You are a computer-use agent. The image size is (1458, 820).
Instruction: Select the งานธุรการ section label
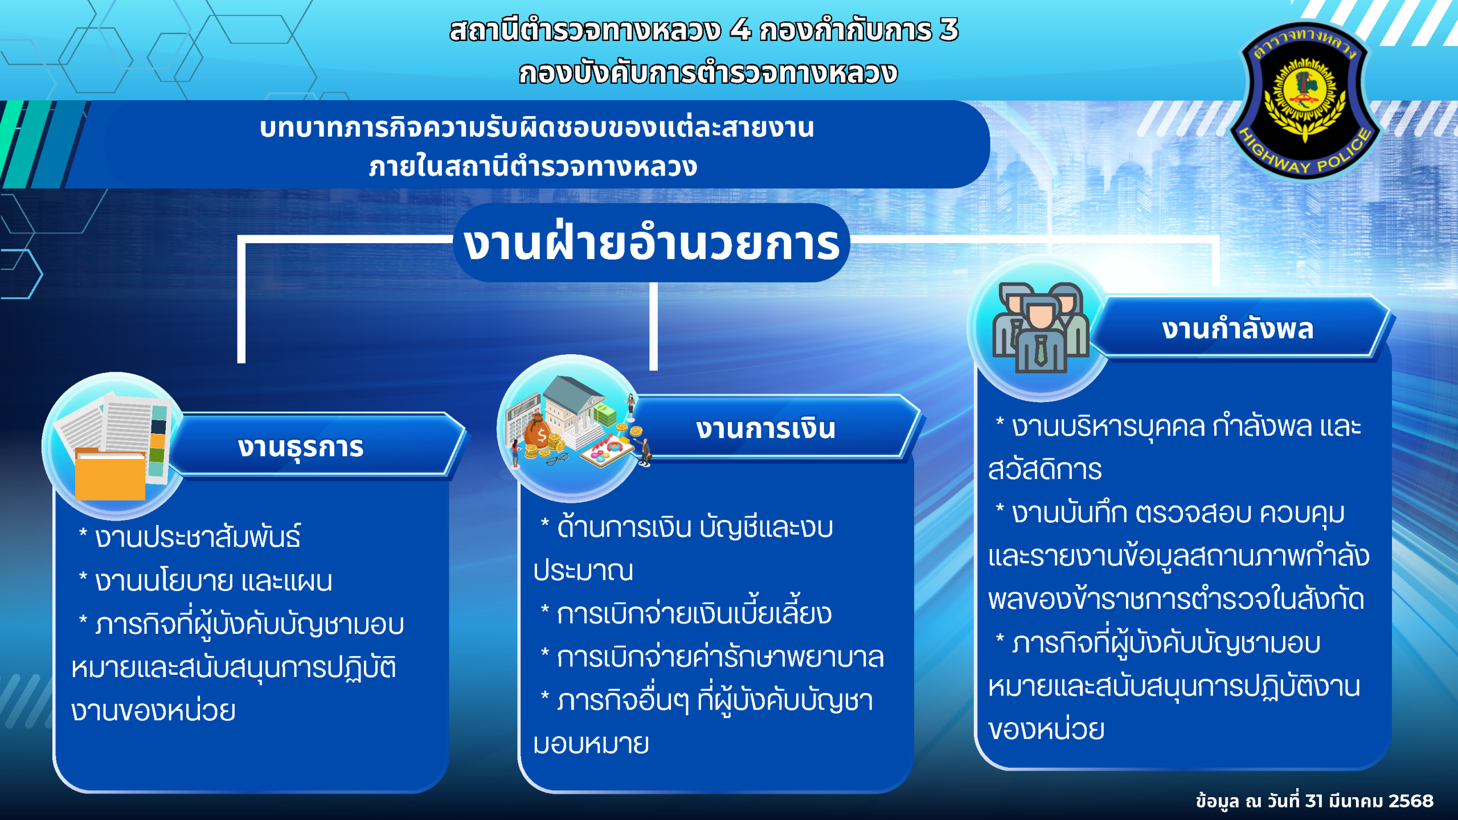pyautogui.click(x=301, y=448)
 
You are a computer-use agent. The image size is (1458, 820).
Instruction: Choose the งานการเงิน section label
pyautogui.click(x=765, y=428)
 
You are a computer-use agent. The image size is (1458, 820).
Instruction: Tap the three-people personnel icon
pyautogui.click(x=1041, y=327)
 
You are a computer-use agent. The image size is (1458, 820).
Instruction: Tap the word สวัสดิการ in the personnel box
pyautogui.click(x=1045, y=470)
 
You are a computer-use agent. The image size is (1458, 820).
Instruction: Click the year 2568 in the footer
pyautogui.click(x=1411, y=801)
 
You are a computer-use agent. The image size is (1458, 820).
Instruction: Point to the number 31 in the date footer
pyautogui.click(x=1314, y=801)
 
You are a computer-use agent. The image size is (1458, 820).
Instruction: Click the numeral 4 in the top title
pyautogui.click(x=740, y=30)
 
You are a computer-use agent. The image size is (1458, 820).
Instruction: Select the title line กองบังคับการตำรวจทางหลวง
pyautogui.click(x=708, y=72)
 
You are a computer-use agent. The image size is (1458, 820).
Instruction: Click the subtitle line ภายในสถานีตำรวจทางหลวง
pyautogui.click(x=533, y=166)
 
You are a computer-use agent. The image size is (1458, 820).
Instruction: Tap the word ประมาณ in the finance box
pyautogui.click(x=583, y=570)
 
